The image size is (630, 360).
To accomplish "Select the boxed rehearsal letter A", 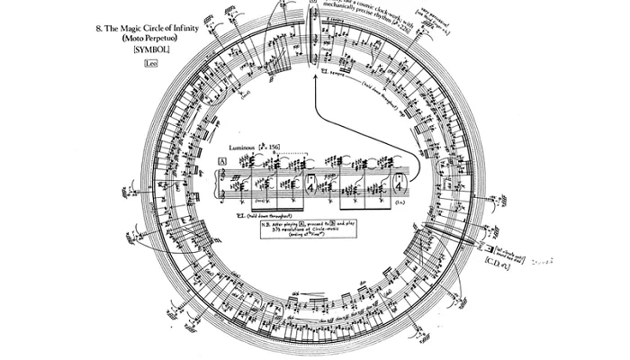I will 221,161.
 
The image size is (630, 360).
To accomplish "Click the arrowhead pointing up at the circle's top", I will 316,80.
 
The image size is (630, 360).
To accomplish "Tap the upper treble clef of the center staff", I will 225,171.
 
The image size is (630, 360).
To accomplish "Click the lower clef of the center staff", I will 225,193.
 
